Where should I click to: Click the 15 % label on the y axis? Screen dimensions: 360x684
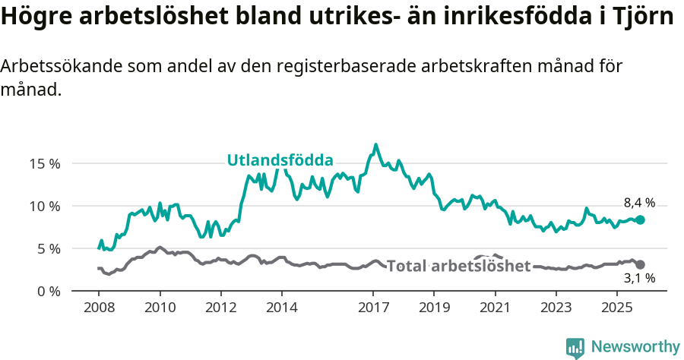(45, 163)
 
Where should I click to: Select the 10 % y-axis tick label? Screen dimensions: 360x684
(45, 206)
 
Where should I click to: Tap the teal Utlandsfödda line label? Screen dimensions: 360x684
(280, 160)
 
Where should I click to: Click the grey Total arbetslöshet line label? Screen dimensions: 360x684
(458, 266)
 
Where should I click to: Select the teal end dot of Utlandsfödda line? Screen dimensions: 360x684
(640, 219)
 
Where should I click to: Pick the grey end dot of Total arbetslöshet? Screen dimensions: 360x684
(640, 264)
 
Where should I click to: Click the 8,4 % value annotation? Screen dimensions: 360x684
(639, 203)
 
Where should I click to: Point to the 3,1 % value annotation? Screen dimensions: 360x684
(639, 279)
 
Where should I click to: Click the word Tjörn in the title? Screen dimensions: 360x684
(640, 17)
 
